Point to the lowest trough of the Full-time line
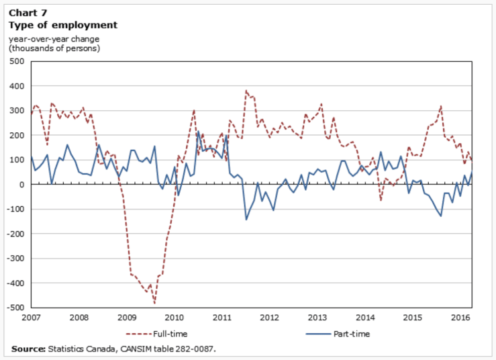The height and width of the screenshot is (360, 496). (x=154, y=304)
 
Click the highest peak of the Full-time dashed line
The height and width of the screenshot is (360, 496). (x=246, y=90)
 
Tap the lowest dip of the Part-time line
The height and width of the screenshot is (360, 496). (x=246, y=220)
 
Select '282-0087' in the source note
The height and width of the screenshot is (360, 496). (x=195, y=349)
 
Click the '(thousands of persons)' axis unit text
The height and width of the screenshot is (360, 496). (x=54, y=48)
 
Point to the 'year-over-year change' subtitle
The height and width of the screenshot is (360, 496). (x=54, y=38)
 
